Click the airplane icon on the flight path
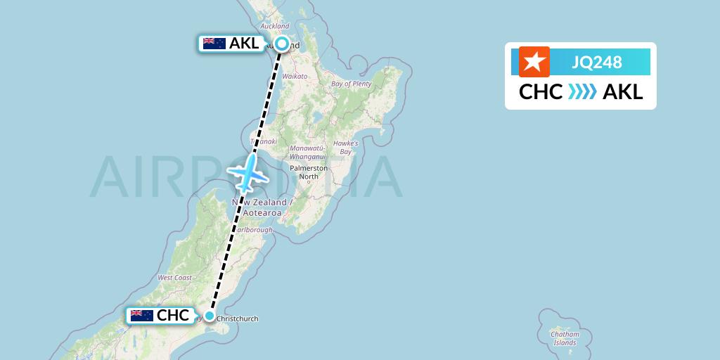tap(246, 172)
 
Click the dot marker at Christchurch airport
tap(209, 316)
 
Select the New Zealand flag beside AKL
tap(214, 44)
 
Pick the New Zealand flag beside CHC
tap(142, 316)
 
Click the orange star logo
tap(534, 62)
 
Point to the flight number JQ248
tap(597, 63)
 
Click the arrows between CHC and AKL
tap(582, 92)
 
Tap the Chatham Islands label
tap(565, 338)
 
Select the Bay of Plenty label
tap(351, 84)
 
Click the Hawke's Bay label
tap(345, 147)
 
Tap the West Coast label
tap(175, 278)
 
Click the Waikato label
tap(295, 75)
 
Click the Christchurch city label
tap(238, 319)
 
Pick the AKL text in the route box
tap(623, 92)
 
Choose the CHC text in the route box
tap(540, 92)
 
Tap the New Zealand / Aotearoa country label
tap(262, 207)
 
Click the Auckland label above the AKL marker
tap(275, 26)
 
